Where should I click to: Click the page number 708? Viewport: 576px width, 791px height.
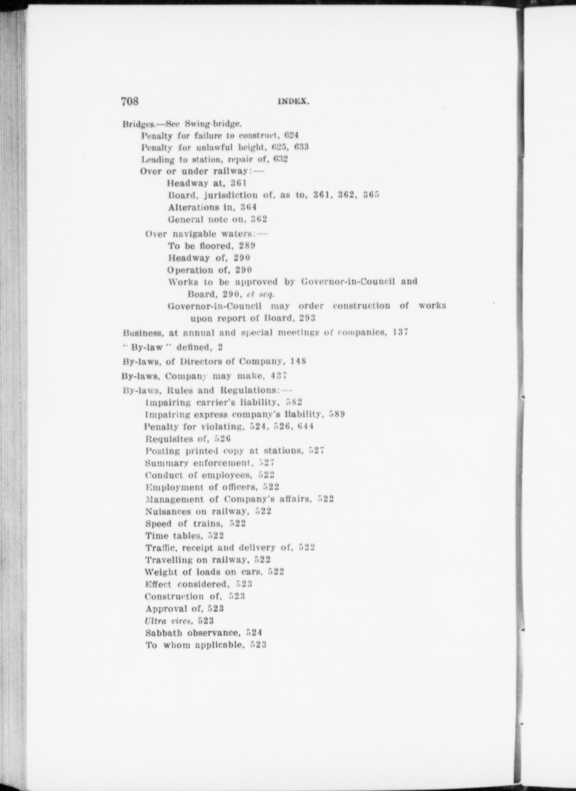point(129,101)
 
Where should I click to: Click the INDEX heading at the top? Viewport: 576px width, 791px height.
point(293,102)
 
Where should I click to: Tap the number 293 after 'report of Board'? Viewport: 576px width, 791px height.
point(308,318)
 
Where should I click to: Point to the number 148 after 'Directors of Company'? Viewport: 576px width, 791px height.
point(298,361)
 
